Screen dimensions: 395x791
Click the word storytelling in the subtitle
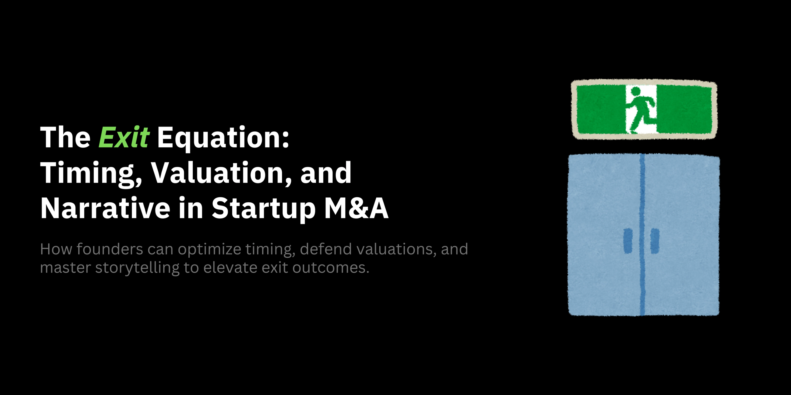point(137,268)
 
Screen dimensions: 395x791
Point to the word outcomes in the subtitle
point(330,268)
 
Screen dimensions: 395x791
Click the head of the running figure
point(635,91)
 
